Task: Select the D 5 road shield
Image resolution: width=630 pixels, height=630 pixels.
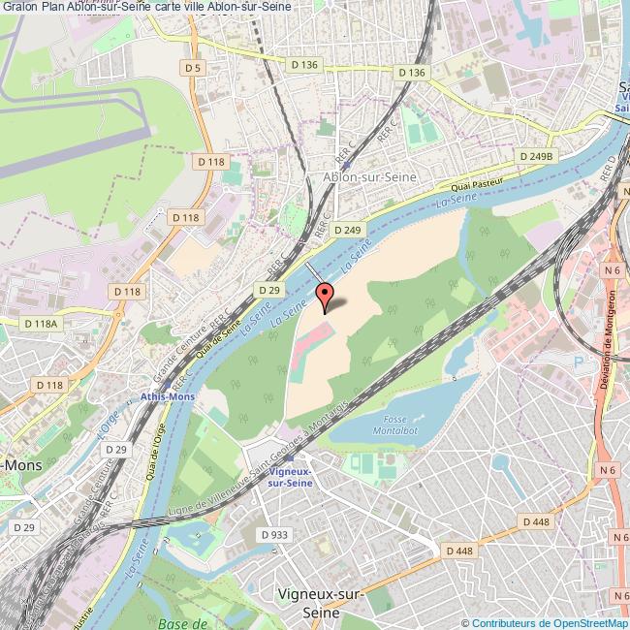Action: coord(193,68)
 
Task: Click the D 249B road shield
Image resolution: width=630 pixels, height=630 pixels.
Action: coord(535,155)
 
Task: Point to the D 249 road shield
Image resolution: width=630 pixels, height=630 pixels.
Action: coord(346,230)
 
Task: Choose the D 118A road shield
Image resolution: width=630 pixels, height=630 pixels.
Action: coord(43,324)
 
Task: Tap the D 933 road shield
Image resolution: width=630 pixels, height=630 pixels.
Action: coord(275,534)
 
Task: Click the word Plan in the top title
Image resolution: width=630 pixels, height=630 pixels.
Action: coord(52,9)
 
